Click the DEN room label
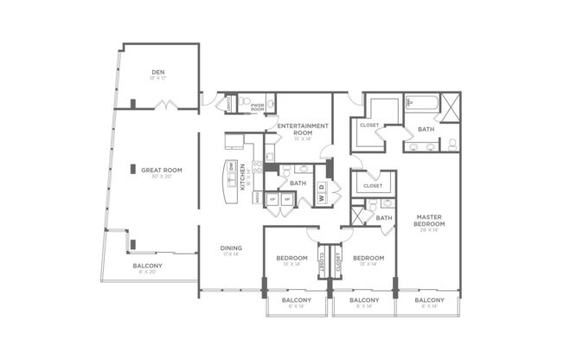point(158,72)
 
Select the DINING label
point(231,248)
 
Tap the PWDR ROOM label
point(257,106)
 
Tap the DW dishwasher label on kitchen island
point(232,166)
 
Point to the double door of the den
point(166,106)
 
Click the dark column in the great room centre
point(132,170)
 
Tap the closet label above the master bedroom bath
point(373,185)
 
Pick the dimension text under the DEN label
point(158,79)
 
